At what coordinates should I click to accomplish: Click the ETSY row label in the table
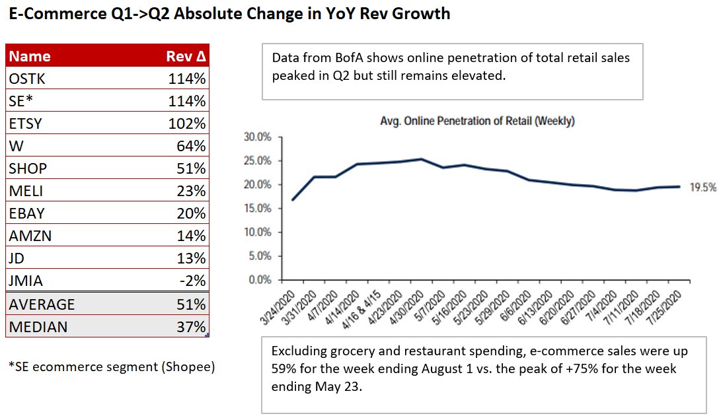[26, 124]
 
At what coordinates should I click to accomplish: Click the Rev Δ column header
[186, 56]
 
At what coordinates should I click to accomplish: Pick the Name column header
[30, 56]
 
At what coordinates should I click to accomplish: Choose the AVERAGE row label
[41, 304]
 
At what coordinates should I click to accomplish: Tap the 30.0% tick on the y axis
[258, 137]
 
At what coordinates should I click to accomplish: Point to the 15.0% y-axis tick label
[258, 209]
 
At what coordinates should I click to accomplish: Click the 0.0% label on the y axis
[260, 280]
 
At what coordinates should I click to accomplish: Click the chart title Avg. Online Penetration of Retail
[477, 121]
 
